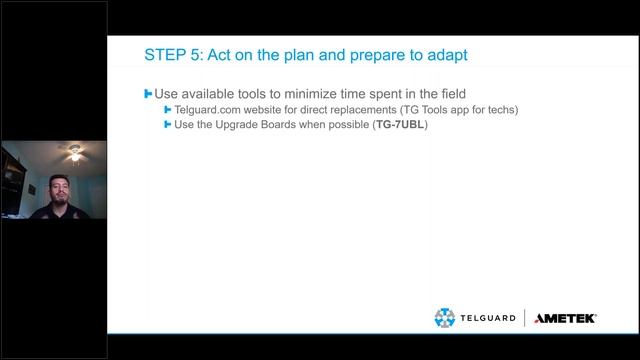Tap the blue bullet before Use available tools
pos(148,93)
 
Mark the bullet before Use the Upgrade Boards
pos(168,126)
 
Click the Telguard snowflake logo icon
pos(445,318)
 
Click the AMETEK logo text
pos(565,318)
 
